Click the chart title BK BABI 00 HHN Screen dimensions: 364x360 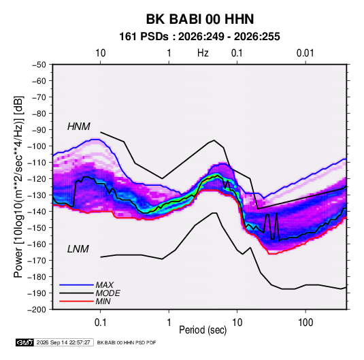pos(200,19)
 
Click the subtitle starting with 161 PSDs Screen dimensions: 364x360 pos(199,37)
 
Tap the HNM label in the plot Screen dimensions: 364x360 pos(79,127)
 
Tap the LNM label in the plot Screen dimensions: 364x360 pos(78,249)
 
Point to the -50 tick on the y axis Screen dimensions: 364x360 pos(39,65)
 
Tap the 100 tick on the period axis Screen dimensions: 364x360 pos(305,323)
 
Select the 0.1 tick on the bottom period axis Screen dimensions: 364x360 pos(100,323)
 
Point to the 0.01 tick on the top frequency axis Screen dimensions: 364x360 pos(305,53)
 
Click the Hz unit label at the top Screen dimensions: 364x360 pos(203,53)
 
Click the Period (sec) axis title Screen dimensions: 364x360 pos(203,330)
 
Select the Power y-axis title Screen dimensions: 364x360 pos(18,187)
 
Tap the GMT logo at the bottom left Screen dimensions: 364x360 pos(24,342)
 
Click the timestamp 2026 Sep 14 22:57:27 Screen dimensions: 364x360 pos(63,342)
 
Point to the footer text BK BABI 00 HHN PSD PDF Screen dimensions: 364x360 pos(127,342)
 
